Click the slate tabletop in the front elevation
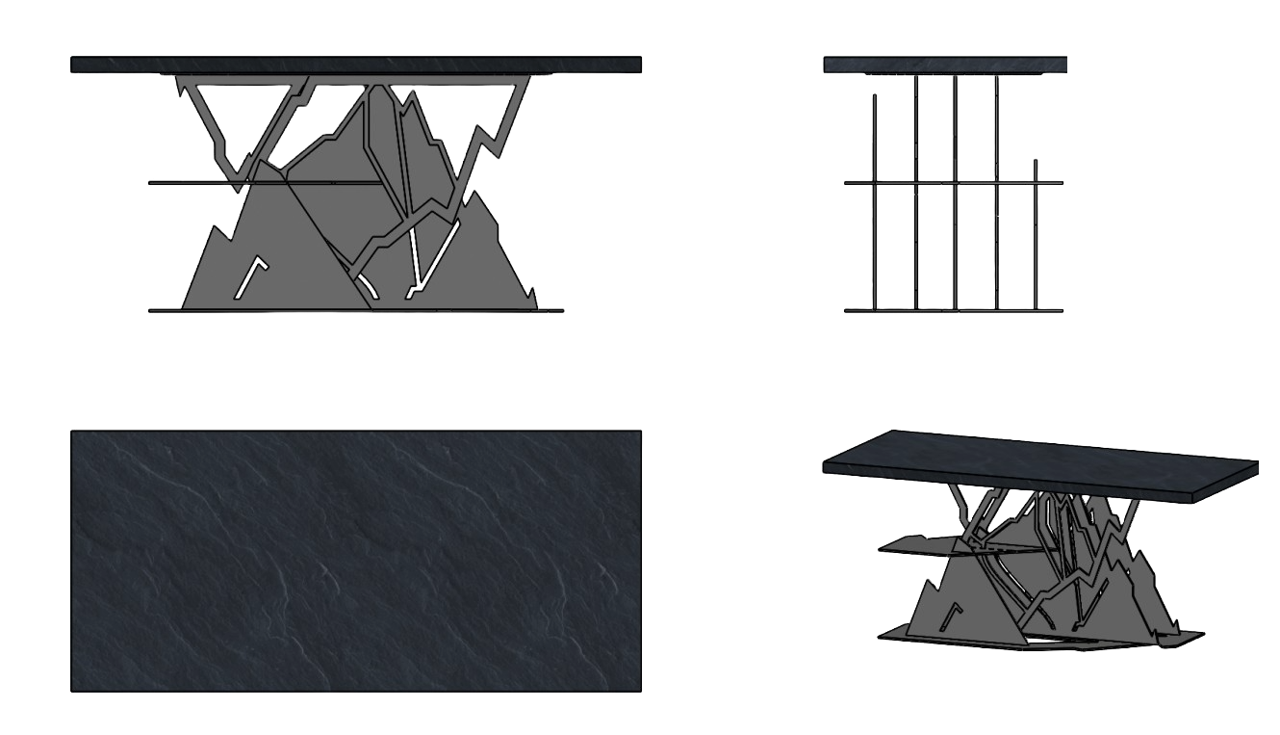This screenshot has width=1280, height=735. [x=356, y=65]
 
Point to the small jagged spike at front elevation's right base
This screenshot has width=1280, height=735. [x=532, y=297]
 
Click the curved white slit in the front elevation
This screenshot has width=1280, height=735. [x=367, y=286]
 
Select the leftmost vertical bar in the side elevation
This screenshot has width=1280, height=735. [x=874, y=202]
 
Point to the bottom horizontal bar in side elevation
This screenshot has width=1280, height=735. [x=953, y=310]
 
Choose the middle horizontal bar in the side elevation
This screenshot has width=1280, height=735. [x=953, y=182]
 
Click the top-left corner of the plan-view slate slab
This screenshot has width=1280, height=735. [x=72, y=433]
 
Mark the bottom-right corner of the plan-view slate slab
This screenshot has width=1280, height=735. [x=639, y=689]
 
